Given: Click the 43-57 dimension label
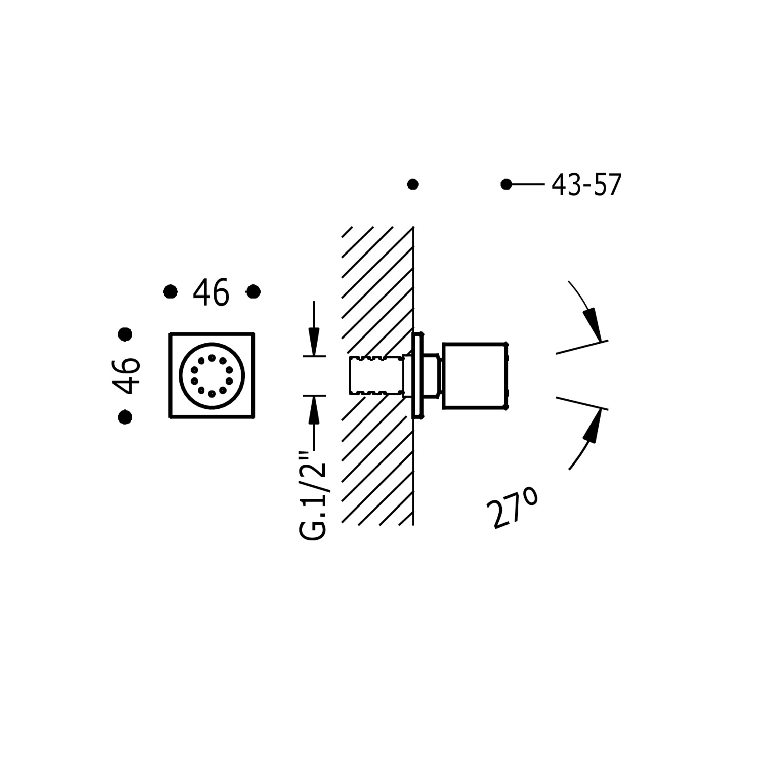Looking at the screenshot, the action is [586, 185].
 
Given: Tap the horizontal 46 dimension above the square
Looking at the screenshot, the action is [211, 292].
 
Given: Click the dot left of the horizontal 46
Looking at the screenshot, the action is [171, 291].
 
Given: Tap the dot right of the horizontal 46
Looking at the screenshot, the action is [253, 291].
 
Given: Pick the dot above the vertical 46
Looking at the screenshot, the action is [125, 334].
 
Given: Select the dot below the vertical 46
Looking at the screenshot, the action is [125, 417].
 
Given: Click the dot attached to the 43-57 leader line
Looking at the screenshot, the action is [506, 184].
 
